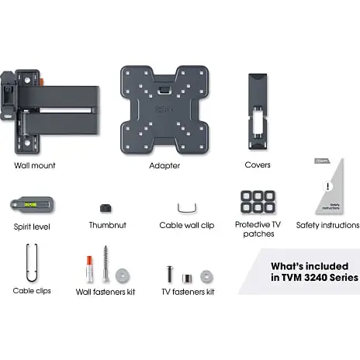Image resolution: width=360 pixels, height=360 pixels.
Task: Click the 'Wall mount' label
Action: (35, 165)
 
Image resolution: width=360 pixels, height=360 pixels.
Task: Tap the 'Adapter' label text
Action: (164, 166)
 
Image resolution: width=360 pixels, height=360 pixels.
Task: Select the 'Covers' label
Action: (258, 165)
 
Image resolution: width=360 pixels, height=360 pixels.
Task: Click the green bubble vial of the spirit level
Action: (30, 205)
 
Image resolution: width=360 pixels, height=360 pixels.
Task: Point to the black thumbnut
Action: (106, 208)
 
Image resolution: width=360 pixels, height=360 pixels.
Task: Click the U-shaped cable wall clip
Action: (187, 211)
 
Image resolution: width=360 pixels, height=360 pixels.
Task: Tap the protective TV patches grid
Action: (258, 202)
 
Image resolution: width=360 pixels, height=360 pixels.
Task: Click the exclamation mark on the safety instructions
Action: (328, 186)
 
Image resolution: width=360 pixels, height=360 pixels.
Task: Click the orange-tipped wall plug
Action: (89, 269)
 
